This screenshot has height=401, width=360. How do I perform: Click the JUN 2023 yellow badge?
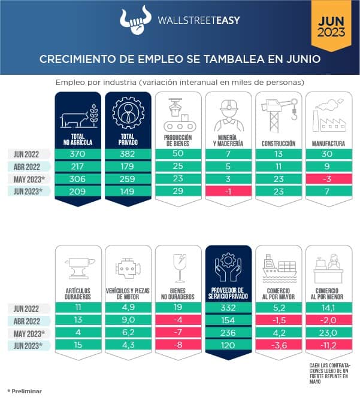tap(331, 26)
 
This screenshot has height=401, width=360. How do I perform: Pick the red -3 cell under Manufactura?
tap(328, 180)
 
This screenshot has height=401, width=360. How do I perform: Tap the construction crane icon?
tap(278, 114)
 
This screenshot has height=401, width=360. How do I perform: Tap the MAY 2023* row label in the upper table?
tap(28, 180)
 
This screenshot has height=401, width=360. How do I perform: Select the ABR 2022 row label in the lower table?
tap(28, 321)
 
